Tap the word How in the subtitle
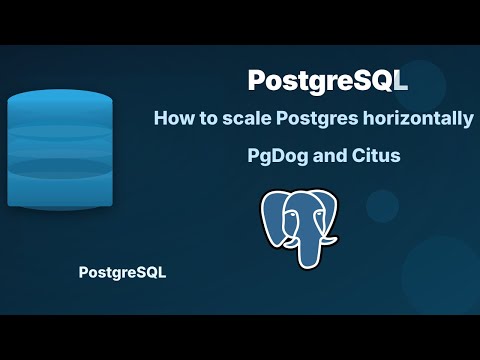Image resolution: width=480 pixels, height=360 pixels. pyautogui.click(x=174, y=119)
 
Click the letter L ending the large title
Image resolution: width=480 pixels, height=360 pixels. pyautogui.click(x=400, y=79)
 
